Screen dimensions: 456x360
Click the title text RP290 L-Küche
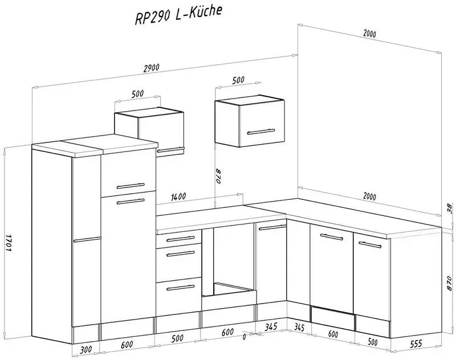(178, 15)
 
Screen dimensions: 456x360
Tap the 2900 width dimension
(151, 68)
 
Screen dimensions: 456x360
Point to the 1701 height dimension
(8, 241)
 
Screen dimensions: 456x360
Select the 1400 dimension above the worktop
(178, 197)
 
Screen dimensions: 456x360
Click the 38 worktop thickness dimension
(450, 208)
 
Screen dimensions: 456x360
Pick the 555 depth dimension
(416, 344)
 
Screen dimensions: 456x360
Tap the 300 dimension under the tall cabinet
(85, 349)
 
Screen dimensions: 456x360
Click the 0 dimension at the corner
(244, 337)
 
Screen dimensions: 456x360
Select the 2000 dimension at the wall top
(369, 34)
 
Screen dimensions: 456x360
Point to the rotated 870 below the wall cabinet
(219, 175)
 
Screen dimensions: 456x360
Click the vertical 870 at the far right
(449, 283)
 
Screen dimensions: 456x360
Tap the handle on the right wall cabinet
(261, 132)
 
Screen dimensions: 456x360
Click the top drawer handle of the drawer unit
(181, 239)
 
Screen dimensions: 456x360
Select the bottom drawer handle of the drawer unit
(181, 288)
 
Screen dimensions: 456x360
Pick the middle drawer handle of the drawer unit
(181, 254)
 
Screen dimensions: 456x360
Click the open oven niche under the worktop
(229, 261)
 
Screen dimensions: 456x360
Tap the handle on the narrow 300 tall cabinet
(87, 239)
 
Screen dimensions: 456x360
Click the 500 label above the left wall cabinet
(137, 94)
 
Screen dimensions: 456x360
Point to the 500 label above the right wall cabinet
(238, 80)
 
